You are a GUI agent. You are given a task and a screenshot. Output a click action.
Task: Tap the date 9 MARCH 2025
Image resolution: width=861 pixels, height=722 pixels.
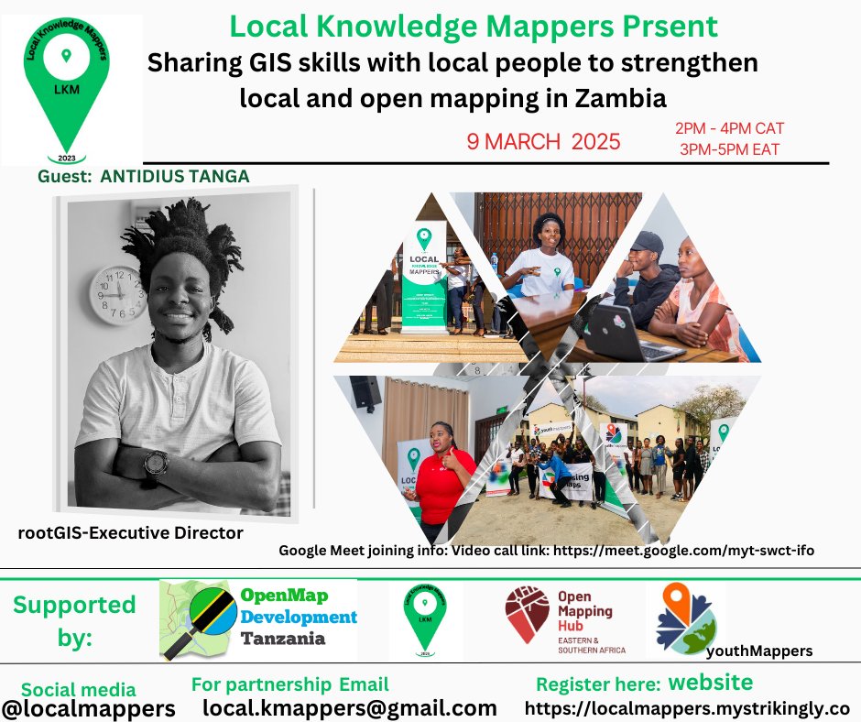(x=543, y=142)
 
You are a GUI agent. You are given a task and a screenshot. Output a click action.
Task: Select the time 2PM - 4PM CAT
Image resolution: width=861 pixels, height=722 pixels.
(x=729, y=128)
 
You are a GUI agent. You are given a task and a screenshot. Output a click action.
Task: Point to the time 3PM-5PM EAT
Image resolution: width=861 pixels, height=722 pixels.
(x=729, y=148)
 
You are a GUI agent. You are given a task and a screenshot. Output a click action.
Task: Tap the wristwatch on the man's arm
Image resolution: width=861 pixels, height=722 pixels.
(x=156, y=465)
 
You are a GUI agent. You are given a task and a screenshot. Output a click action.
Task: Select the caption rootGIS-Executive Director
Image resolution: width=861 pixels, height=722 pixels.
(x=130, y=531)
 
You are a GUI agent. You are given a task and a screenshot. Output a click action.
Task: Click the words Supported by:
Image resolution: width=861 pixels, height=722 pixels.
(x=74, y=621)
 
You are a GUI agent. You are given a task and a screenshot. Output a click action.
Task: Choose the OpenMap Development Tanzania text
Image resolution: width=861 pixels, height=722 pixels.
(x=297, y=616)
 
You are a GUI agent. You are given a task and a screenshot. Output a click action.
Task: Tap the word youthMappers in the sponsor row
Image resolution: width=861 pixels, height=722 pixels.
(x=759, y=651)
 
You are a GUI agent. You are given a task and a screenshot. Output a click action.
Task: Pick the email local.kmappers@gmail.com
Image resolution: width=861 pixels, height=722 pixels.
(x=349, y=707)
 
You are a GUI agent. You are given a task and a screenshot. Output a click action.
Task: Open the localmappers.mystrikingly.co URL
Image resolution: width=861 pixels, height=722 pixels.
(x=687, y=708)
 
